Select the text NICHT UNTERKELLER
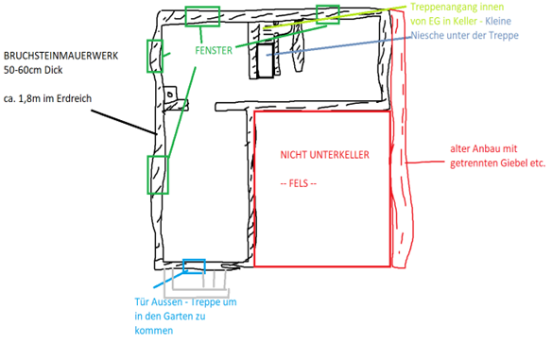[323, 154]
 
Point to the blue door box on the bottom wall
[194, 264]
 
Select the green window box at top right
[327, 13]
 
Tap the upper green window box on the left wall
[154, 56]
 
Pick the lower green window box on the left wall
[157, 176]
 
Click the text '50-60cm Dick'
[32, 70]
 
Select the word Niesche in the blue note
[433, 37]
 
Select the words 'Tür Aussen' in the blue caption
[155, 302]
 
